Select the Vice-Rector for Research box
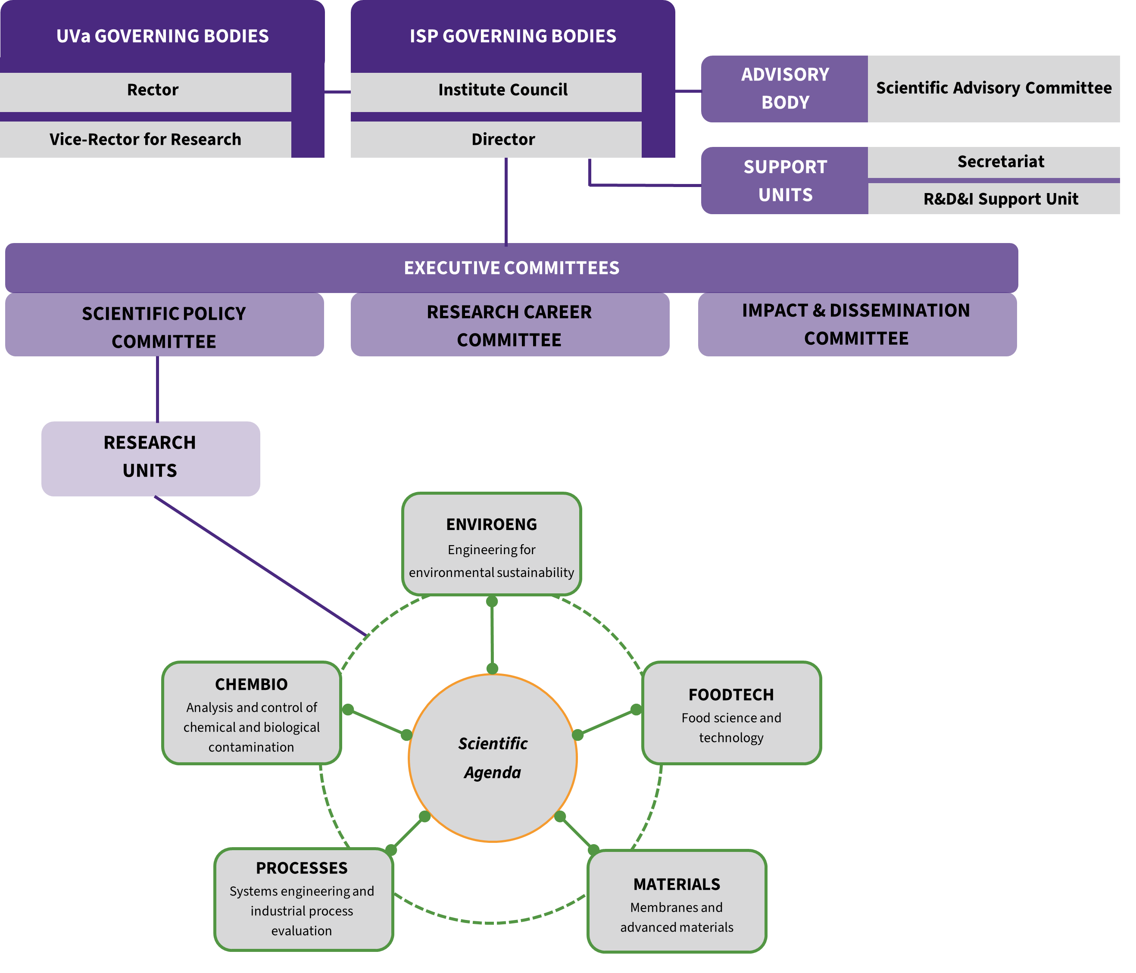click(145, 139)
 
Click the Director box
click(496, 139)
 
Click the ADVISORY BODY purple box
click(785, 89)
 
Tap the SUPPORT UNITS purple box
click(785, 181)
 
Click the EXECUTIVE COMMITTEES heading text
click(512, 268)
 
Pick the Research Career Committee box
click(510, 325)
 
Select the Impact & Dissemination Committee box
click(857, 325)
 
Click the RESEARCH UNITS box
click(151, 459)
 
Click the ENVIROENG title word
click(492, 524)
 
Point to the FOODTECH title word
click(731, 695)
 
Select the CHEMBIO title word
click(251, 685)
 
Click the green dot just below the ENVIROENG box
click(492, 602)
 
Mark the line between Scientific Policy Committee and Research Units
click(157, 389)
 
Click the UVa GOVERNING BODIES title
click(163, 36)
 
